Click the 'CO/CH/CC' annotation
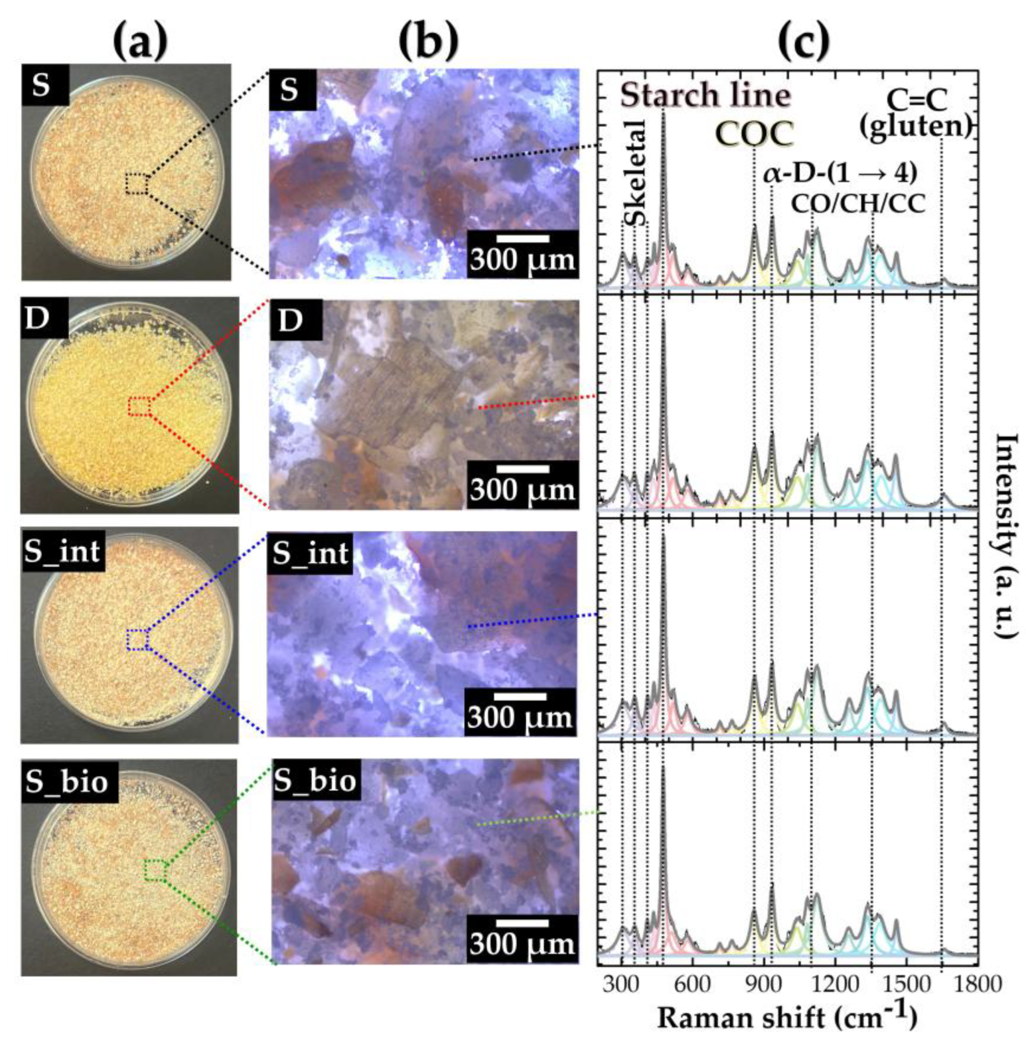pos(858,204)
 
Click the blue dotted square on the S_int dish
pos(138,639)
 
